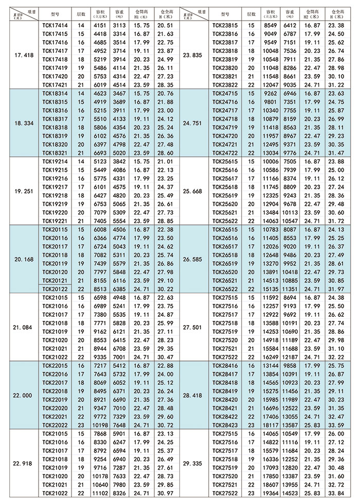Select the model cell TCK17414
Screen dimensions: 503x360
point(54,25)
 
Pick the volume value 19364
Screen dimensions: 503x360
point(271,493)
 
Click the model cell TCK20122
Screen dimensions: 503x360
point(54,290)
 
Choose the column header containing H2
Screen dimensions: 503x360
point(313,12)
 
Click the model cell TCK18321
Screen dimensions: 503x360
point(54,153)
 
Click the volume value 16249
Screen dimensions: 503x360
point(271,356)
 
